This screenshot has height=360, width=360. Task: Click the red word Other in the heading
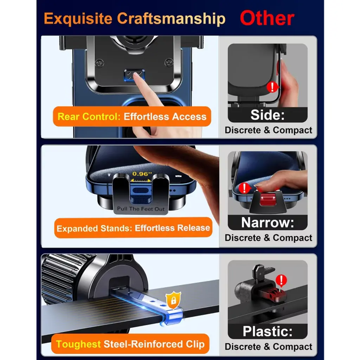(x=267, y=18)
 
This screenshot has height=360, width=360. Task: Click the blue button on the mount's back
(x=135, y=75)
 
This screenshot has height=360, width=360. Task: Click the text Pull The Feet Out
(x=141, y=209)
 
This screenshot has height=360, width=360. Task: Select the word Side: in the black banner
(x=268, y=115)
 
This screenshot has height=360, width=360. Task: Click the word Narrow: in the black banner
(x=268, y=223)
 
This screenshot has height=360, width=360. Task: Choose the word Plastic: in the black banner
(x=268, y=331)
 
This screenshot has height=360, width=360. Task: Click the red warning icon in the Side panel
(x=272, y=87)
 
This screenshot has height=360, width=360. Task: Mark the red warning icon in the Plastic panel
(x=281, y=281)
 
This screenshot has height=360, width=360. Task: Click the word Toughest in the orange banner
(x=78, y=344)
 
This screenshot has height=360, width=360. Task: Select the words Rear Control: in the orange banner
(x=89, y=117)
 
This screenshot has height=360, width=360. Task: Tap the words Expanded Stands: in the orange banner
(x=94, y=229)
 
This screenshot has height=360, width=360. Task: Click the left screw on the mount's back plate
(x=99, y=63)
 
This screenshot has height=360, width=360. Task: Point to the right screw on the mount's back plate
(x=169, y=62)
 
